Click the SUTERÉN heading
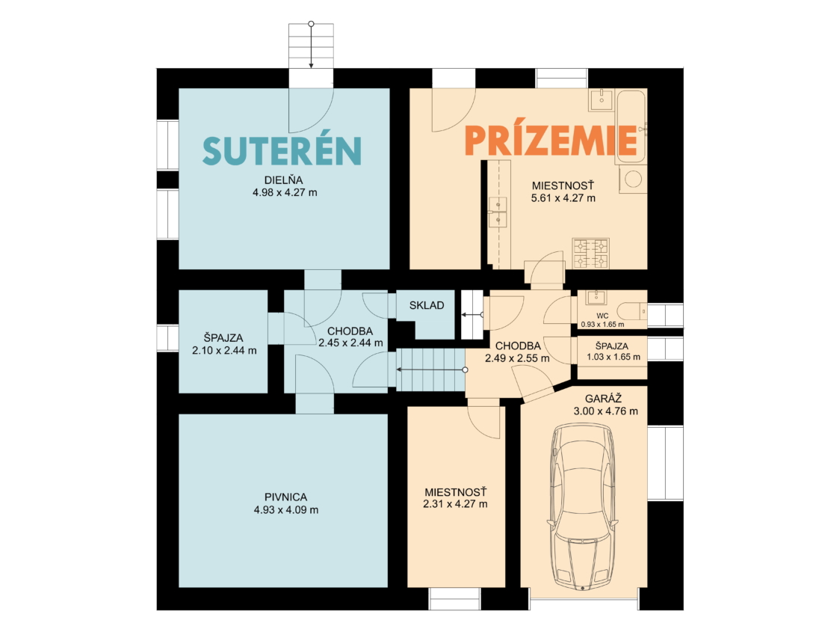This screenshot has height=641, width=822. [x=282, y=150]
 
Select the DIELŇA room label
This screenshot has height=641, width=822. [x=284, y=180]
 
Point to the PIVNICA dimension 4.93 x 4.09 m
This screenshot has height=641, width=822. [x=286, y=509]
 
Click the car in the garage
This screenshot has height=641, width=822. [x=582, y=507]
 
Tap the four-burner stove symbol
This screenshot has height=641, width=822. [x=590, y=253]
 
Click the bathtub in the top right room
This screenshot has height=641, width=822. [x=631, y=126]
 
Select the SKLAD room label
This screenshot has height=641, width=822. [x=427, y=305]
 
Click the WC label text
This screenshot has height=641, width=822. [x=602, y=316]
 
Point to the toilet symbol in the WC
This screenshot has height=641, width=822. [x=631, y=312]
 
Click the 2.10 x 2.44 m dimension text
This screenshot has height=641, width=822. [x=224, y=350]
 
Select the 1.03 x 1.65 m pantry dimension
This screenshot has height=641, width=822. [x=614, y=358]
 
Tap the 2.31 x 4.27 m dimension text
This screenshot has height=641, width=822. [x=455, y=504]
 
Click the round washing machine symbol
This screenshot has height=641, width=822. [x=633, y=179]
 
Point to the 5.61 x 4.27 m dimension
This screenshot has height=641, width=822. [x=563, y=198]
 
